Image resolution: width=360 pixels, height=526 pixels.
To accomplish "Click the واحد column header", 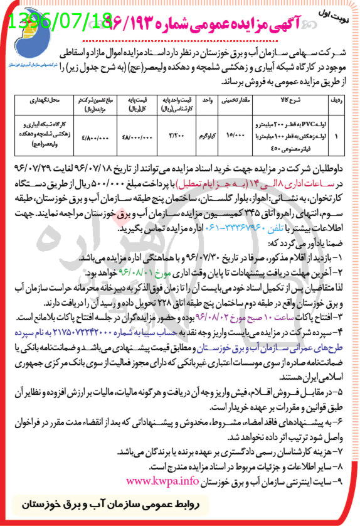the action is tap(206, 100).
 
